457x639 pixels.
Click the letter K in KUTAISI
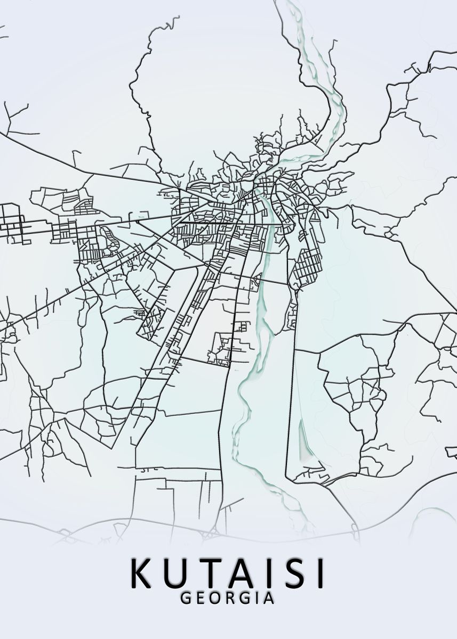(142, 574)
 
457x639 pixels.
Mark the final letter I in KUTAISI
(319, 574)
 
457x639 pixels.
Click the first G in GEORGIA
(186, 598)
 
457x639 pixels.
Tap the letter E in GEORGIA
(202, 598)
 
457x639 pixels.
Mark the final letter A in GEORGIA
(270, 598)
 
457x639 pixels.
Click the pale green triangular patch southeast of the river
(306, 442)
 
